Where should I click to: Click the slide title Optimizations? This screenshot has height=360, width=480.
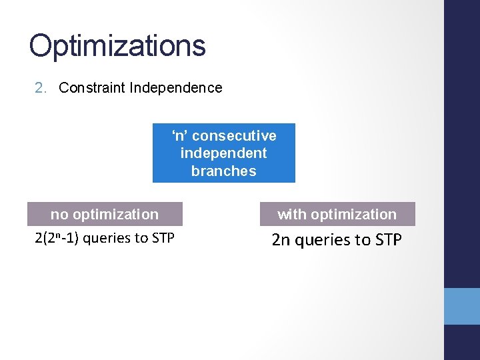(x=117, y=46)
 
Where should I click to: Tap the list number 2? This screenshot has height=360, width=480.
(x=40, y=88)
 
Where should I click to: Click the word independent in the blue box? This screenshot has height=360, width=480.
(x=223, y=153)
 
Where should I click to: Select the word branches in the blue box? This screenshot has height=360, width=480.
(x=223, y=171)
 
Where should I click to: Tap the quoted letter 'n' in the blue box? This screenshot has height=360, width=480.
(x=180, y=136)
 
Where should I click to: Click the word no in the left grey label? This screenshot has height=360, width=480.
(x=59, y=215)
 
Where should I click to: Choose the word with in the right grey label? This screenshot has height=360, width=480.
(x=291, y=215)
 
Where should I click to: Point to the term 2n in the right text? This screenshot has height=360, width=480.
(x=281, y=239)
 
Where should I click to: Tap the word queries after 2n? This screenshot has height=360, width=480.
(x=322, y=239)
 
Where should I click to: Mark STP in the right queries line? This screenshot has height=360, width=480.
(x=387, y=239)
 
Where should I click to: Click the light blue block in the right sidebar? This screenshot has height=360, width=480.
(x=462, y=306)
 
